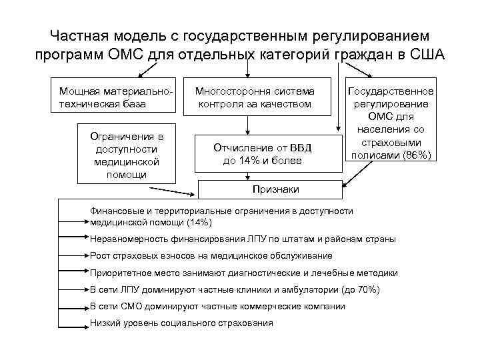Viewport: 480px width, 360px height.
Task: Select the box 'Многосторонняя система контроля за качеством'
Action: click(x=254, y=96)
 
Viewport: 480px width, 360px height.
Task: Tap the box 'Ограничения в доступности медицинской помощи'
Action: click(x=126, y=154)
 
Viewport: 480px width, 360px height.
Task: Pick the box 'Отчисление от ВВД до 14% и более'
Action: click(x=262, y=154)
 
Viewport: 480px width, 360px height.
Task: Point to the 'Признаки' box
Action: click(x=275, y=189)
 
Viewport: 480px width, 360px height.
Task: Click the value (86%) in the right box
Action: click(x=416, y=155)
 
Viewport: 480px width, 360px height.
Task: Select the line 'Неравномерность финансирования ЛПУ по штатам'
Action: click(x=243, y=238)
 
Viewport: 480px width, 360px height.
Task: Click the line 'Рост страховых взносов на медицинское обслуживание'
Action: click(x=211, y=255)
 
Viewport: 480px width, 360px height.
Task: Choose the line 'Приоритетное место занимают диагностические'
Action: click(x=244, y=273)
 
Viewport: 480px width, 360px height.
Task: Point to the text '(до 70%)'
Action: click(x=360, y=289)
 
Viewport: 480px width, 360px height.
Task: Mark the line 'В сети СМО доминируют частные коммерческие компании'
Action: click(x=217, y=306)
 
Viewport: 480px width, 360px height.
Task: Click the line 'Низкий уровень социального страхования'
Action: click(x=181, y=323)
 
